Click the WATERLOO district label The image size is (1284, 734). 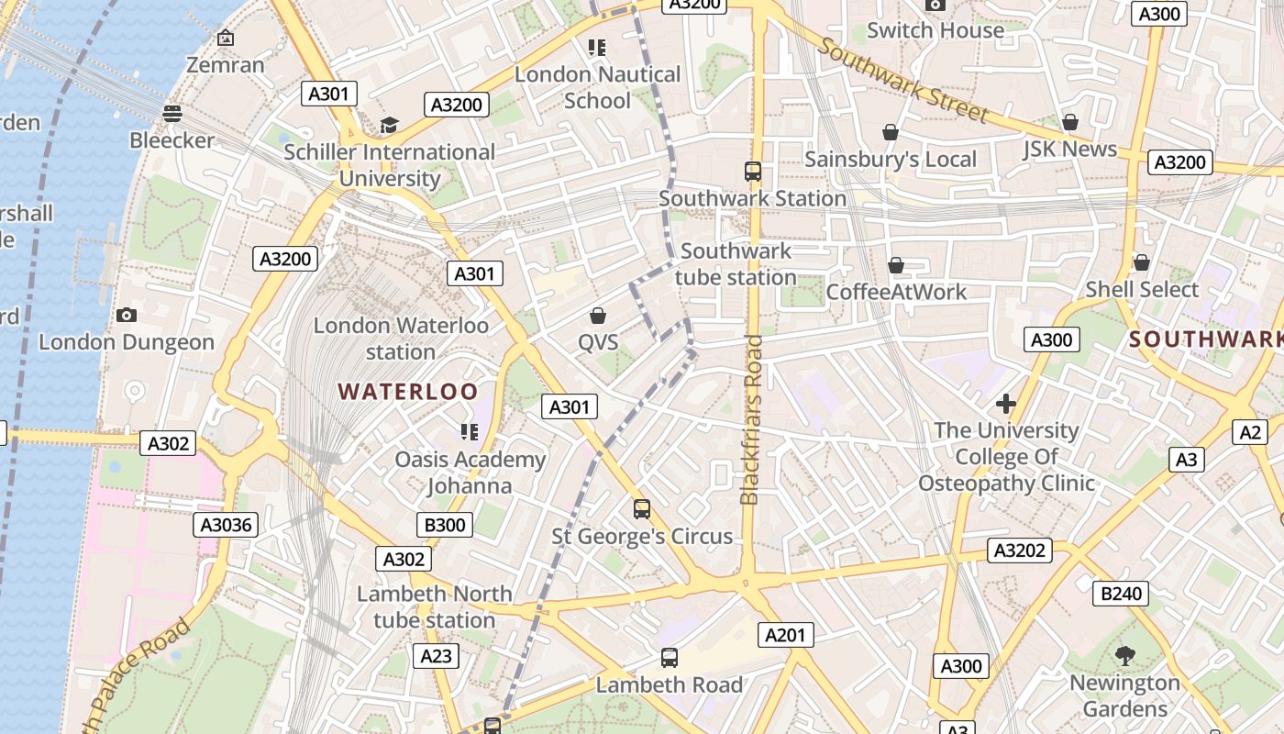click(408, 392)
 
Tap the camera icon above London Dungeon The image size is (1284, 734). click(127, 315)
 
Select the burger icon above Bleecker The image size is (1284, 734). click(172, 113)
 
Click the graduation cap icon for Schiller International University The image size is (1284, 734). click(390, 125)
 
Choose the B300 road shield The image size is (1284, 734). click(445, 525)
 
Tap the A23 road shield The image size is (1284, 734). click(437, 656)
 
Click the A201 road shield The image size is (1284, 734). click(785, 635)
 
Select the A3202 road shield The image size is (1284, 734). click(1020, 550)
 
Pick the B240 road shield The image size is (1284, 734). click(1121, 594)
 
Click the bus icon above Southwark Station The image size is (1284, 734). click(753, 172)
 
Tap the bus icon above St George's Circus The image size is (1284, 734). click(642, 509)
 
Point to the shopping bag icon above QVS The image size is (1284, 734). click(598, 316)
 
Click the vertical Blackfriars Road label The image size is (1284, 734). click(750, 419)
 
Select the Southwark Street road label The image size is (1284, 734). click(903, 81)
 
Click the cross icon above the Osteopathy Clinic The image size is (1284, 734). click(1006, 404)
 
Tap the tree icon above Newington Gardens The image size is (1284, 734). click(1124, 656)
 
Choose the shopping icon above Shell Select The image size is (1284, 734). click(1142, 263)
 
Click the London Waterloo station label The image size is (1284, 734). click(401, 338)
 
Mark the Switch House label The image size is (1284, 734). click(935, 30)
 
